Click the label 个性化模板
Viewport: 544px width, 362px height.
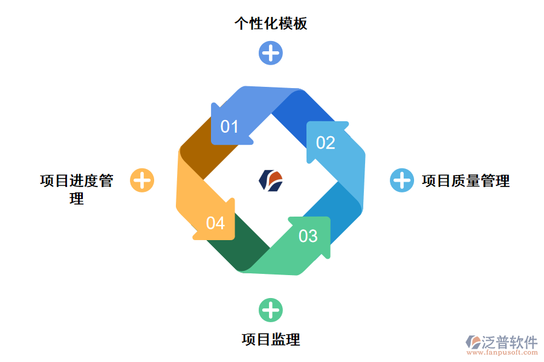pos(271,24)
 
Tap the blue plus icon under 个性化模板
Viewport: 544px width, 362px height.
pos(271,52)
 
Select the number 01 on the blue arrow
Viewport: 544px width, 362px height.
pos(230,127)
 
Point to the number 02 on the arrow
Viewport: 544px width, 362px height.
pos(325,142)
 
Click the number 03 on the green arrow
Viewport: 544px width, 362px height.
pos(308,236)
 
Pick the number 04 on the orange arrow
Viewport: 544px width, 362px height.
pos(215,223)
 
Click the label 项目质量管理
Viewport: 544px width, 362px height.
pos(465,180)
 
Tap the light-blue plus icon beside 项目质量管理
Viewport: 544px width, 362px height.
pos(401,180)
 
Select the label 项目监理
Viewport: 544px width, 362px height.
pos(271,339)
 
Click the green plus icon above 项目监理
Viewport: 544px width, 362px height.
pos(271,310)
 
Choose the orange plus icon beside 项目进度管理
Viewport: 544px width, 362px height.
pos(142,180)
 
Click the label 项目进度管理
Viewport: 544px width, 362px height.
pos(77,189)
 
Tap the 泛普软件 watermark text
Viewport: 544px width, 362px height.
pos(509,342)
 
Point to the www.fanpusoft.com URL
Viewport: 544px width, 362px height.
pos(502,353)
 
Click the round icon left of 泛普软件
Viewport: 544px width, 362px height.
pos(473,342)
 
